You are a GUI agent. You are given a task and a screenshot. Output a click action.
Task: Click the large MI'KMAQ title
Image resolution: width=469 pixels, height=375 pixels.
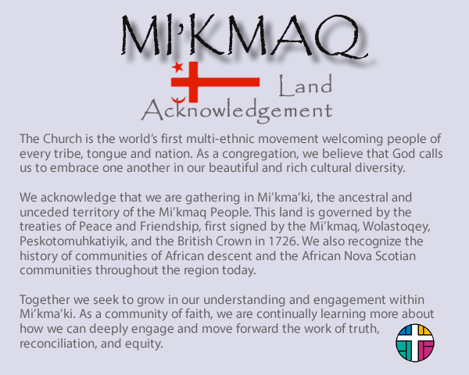click(245, 35)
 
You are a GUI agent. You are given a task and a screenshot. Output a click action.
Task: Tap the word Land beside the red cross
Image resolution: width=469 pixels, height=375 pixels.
click(306, 86)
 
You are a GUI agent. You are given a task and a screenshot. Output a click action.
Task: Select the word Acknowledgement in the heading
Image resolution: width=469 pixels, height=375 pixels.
click(237, 111)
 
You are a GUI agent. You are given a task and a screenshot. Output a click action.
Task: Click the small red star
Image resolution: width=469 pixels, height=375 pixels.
click(177, 66)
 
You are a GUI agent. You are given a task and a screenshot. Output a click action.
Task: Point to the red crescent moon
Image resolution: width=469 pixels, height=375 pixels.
click(178, 100)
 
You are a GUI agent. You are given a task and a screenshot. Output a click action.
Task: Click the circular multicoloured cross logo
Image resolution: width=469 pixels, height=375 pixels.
click(415, 343)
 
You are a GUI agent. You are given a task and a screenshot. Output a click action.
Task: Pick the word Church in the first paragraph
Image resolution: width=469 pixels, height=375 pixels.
click(63, 139)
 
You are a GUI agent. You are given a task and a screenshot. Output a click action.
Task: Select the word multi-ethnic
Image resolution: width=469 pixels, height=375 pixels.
click(222, 139)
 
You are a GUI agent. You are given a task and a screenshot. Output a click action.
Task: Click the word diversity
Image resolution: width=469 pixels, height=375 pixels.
click(380, 168)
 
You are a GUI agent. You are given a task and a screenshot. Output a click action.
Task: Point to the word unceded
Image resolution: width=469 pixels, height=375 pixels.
click(45, 212)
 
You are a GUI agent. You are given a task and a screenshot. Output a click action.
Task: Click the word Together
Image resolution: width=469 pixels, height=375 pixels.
click(45, 300)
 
